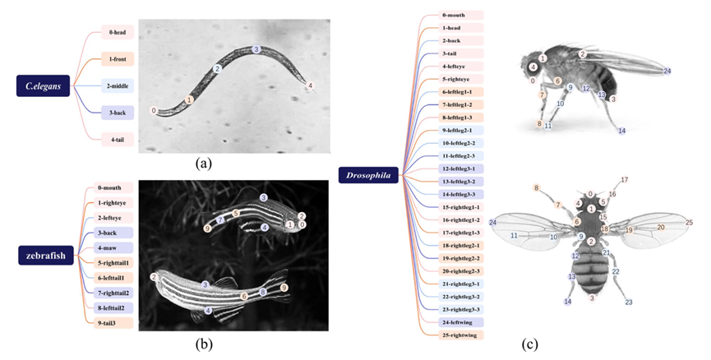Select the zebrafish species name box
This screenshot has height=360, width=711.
[48, 256]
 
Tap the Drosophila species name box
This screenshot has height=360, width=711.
[369, 174]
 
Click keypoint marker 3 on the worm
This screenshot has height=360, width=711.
[256, 49]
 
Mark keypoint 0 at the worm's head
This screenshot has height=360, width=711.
[154, 110]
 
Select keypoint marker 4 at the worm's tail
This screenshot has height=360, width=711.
[310, 85]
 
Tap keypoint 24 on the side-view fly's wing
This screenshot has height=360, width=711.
[667, 72]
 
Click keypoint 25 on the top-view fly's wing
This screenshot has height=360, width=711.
[689, 223]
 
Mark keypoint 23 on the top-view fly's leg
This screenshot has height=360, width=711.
[629, 303]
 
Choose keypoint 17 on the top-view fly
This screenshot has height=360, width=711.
[624, 179]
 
